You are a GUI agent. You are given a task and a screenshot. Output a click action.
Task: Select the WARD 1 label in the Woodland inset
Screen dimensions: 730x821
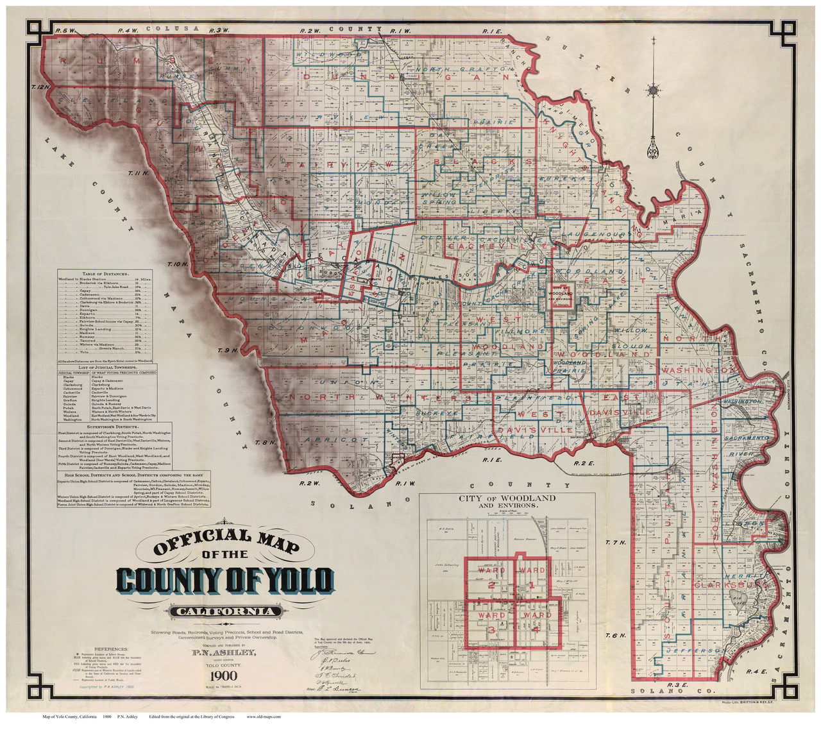532,577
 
